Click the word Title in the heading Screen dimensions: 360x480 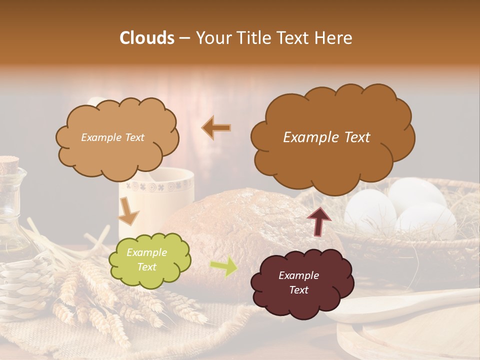(254, 38)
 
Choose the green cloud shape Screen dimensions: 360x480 (149, 260)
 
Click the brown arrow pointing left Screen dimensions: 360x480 (216, 128)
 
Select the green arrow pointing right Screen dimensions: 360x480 (224, 266)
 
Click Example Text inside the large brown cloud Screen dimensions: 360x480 (326, 137)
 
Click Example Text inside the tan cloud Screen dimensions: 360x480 (112, 137)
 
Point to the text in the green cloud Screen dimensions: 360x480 (146, 260)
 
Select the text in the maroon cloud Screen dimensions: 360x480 (298, 283)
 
